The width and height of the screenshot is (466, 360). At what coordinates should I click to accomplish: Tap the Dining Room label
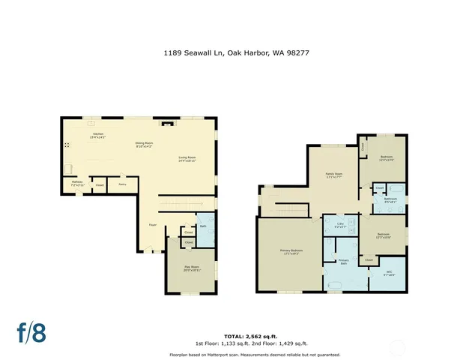[144, 144]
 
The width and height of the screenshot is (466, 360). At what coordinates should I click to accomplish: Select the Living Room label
[187, 159]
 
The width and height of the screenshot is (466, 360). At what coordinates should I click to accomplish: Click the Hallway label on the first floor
[76, 182]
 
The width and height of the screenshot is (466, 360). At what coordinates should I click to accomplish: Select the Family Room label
[333, 175]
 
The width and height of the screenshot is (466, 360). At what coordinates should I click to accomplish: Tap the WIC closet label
[388, 273]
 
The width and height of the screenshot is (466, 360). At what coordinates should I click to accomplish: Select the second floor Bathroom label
[390, 200]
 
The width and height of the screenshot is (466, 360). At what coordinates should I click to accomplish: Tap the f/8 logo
[32, 333]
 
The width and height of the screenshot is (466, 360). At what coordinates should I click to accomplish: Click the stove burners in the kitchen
[67, 145]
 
